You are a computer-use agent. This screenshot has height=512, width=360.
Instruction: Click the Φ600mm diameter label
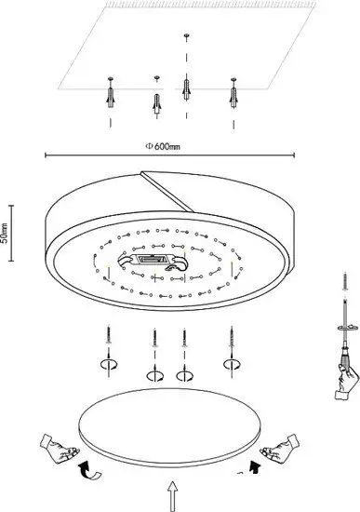(x=163, y=146)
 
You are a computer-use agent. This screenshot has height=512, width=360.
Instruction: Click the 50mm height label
(x=5, y=233)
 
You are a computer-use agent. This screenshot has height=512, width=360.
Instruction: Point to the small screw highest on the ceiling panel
(x=186, y=35)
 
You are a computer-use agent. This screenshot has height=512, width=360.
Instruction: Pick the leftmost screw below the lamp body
(x=108, y=335)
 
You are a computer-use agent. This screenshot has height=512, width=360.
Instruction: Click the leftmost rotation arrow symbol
(x=109, y=364)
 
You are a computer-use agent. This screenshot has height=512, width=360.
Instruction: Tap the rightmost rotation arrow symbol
(x=232, y=363)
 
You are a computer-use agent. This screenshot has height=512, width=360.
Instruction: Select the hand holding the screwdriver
(x=346, y=381)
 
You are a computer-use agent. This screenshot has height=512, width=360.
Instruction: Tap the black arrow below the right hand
(x=254, y=466)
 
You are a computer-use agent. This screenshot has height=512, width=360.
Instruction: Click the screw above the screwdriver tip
(x=345, y=281)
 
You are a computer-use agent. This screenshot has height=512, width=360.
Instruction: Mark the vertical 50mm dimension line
(x=12, y=233)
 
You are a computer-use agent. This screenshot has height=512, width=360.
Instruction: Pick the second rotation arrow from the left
(x=155, y=375)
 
